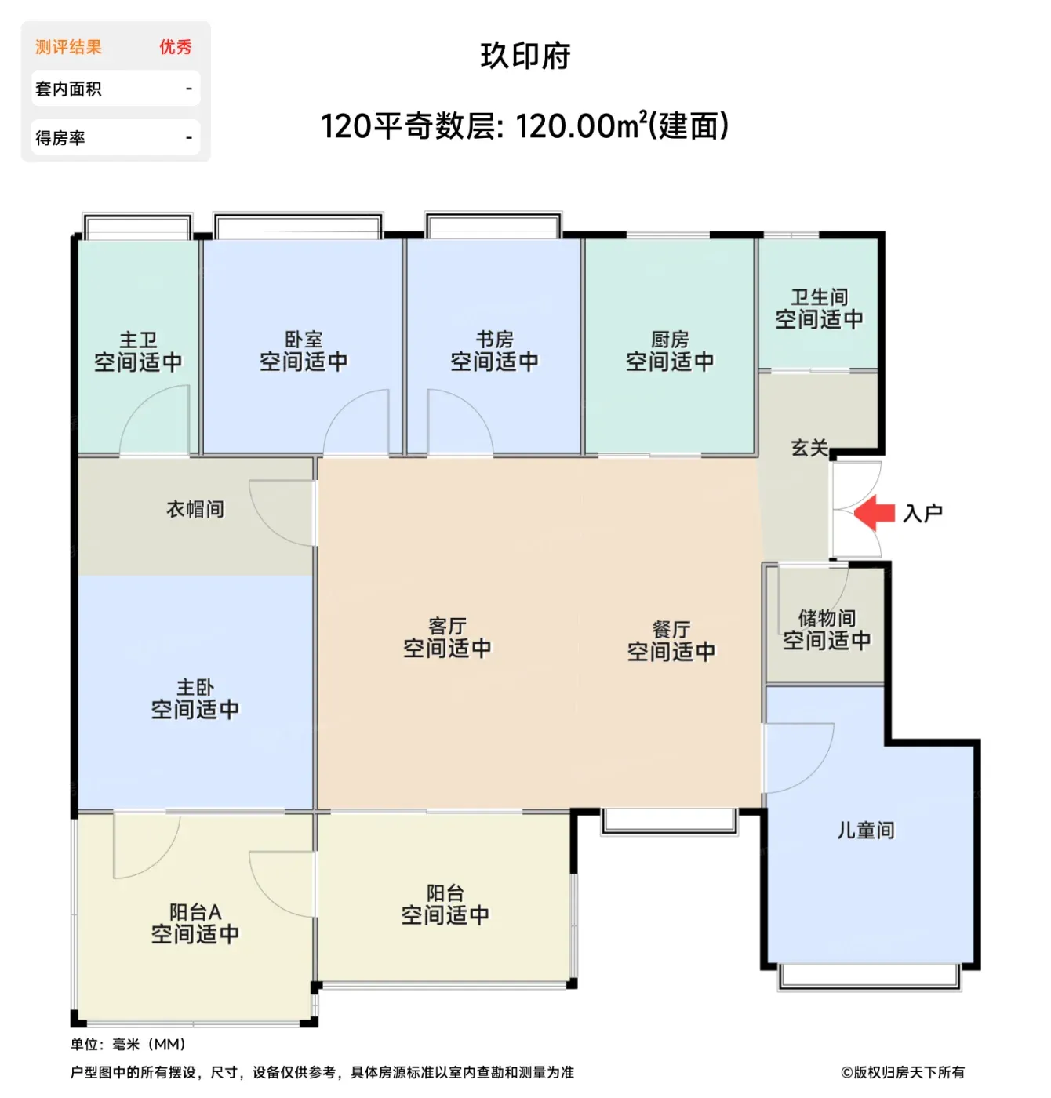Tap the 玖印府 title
tap(525, 56)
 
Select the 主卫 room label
tap(138, 340)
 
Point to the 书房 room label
tap(494, 340)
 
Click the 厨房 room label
tap(670, 340)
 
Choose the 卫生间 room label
tap(819, 297)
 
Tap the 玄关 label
tap(809, 448)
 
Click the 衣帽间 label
tap(195, 509)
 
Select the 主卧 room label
tap(195, 687)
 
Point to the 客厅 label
tap(447, 627)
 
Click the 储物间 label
tap(827, 618)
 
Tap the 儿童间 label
tap(865, 831)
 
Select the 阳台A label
tap(195, 912)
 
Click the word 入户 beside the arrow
tap(923, 513)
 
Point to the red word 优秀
tap(176, 47)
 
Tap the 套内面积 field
tap(115, 89)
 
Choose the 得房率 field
tap(115, 138)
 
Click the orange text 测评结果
tap(68, 47)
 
